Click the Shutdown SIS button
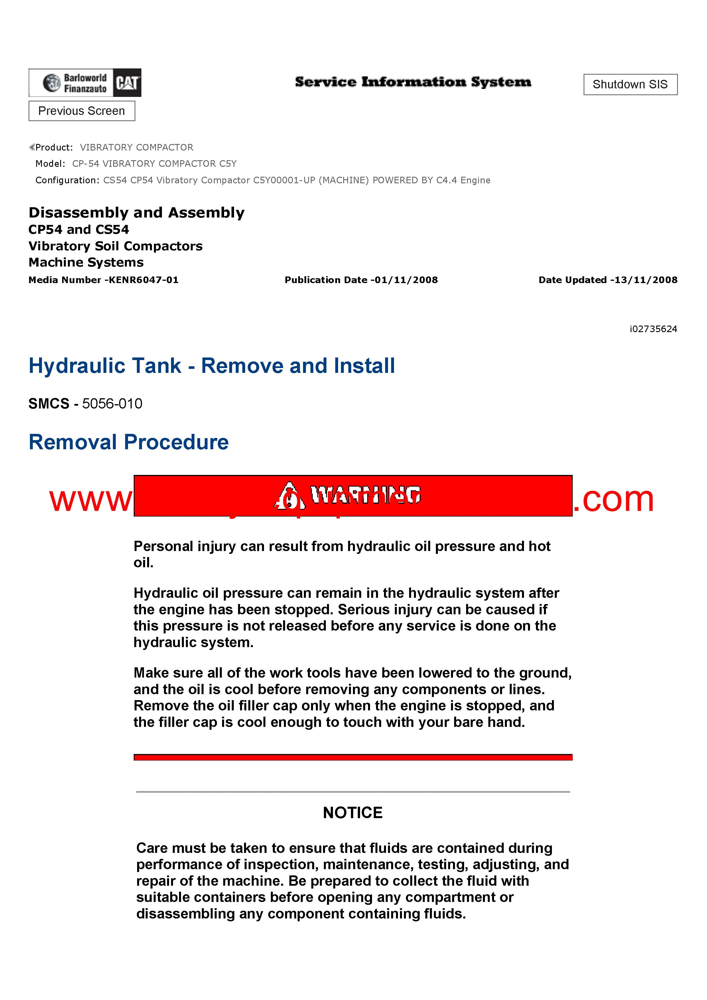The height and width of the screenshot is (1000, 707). [x=630, y=84]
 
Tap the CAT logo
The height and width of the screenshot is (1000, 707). [x=127, y=83]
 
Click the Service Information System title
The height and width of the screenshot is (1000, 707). [x=413, y=82]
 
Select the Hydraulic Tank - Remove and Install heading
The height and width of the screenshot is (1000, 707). [x=212, y=365]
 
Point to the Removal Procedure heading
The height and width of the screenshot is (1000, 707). [x=129, y=442]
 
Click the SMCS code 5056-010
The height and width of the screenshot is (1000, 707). [x=112, y=404]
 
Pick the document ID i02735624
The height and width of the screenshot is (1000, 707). [x=653, y=329]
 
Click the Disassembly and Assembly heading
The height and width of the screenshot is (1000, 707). [x=136, y=213]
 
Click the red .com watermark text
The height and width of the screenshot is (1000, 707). [x=613, y=499]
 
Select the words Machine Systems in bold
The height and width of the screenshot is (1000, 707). [x=86, y=262]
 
